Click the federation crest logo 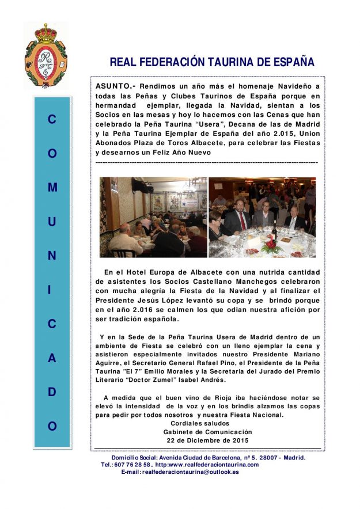pyautogui.click(x=46, y=55)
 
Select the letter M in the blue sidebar pyautogui.click(x=52, y=188)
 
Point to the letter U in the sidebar pyautogui.click(x=52, y=222)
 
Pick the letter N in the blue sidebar pyautogui.click(x=52, y=256)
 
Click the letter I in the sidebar pyautogui.click(x=52, y=290)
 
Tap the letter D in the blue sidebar pyautogui.click(x=52, y=392)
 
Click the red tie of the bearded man pyautogui.click(x=243, y=221)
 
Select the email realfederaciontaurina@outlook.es pyautogui.click(x=191, y=472)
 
